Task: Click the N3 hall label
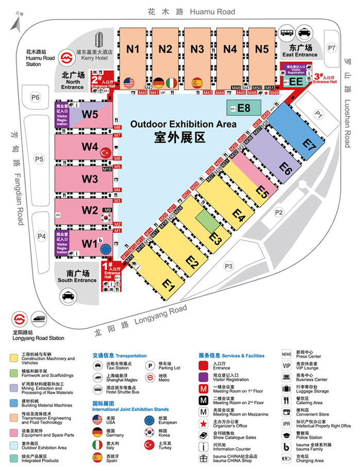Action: (x=197, y=49)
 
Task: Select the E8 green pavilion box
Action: (x=243, y=108)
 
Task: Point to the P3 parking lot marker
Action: (x=229, y=266)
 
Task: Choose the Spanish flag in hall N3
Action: (x=197, y=82)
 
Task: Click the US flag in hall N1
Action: (x=128, y=82)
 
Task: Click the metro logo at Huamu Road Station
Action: (x=67, y=56)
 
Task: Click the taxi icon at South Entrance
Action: (x=67, y=296)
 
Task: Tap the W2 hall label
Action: (x=90, y=210)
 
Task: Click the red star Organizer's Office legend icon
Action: (x=203, y=423)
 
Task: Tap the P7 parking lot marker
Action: (x=332, y=48)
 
